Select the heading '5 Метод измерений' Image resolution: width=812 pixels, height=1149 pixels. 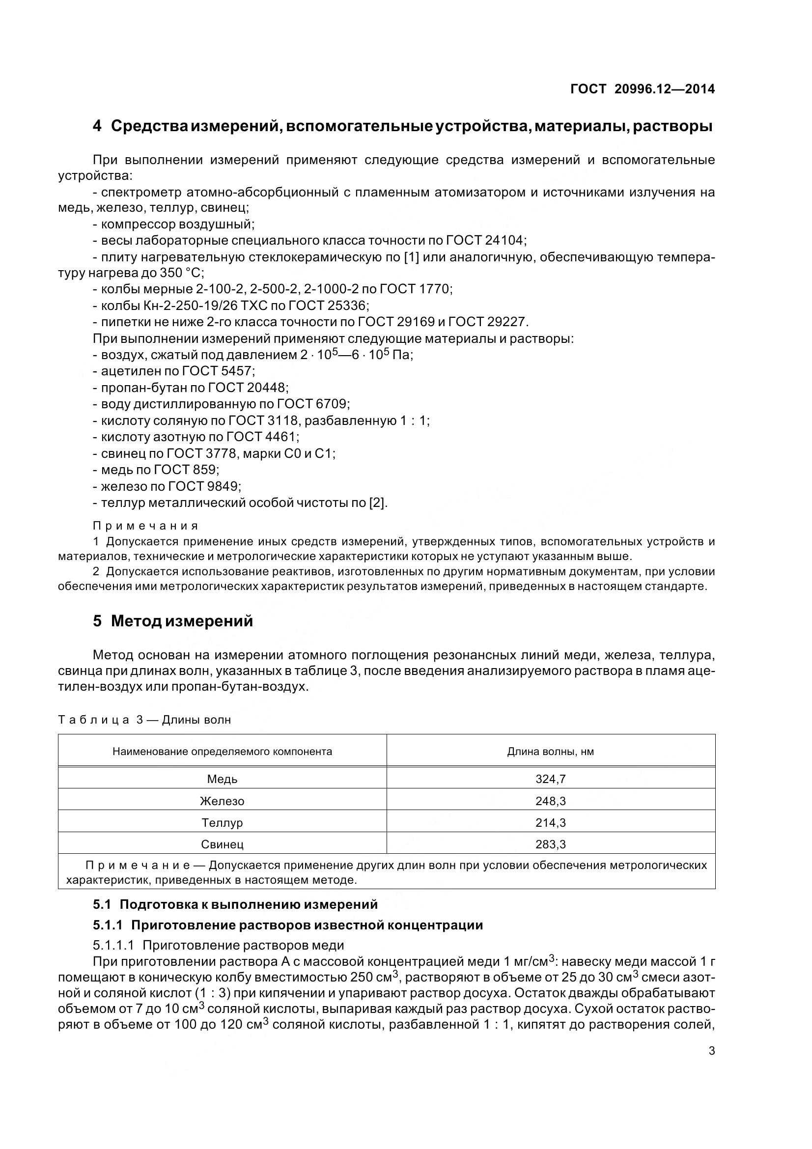pos(172,621)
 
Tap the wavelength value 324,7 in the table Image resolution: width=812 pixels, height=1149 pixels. pos(550,779)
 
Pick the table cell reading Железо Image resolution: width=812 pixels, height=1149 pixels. pos(222,801)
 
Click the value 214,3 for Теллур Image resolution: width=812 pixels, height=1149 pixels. pos(550,823)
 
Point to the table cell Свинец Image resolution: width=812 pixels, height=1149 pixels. pos(222,845)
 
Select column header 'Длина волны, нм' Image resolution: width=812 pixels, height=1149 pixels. pos(550,752)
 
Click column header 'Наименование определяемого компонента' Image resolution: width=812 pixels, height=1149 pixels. pos(222,752)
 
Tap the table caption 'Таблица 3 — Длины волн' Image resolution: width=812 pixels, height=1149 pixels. pos(144,720)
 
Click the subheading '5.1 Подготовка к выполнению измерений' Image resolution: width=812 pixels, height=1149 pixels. pos(235,905)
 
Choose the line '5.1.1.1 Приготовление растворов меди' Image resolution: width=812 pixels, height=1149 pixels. pos(218,946)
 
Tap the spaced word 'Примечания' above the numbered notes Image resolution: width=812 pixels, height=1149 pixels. pos(145,526)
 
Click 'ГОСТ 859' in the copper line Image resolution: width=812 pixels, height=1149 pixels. pos(186,470)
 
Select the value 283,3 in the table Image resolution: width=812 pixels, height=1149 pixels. pos(550,845)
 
